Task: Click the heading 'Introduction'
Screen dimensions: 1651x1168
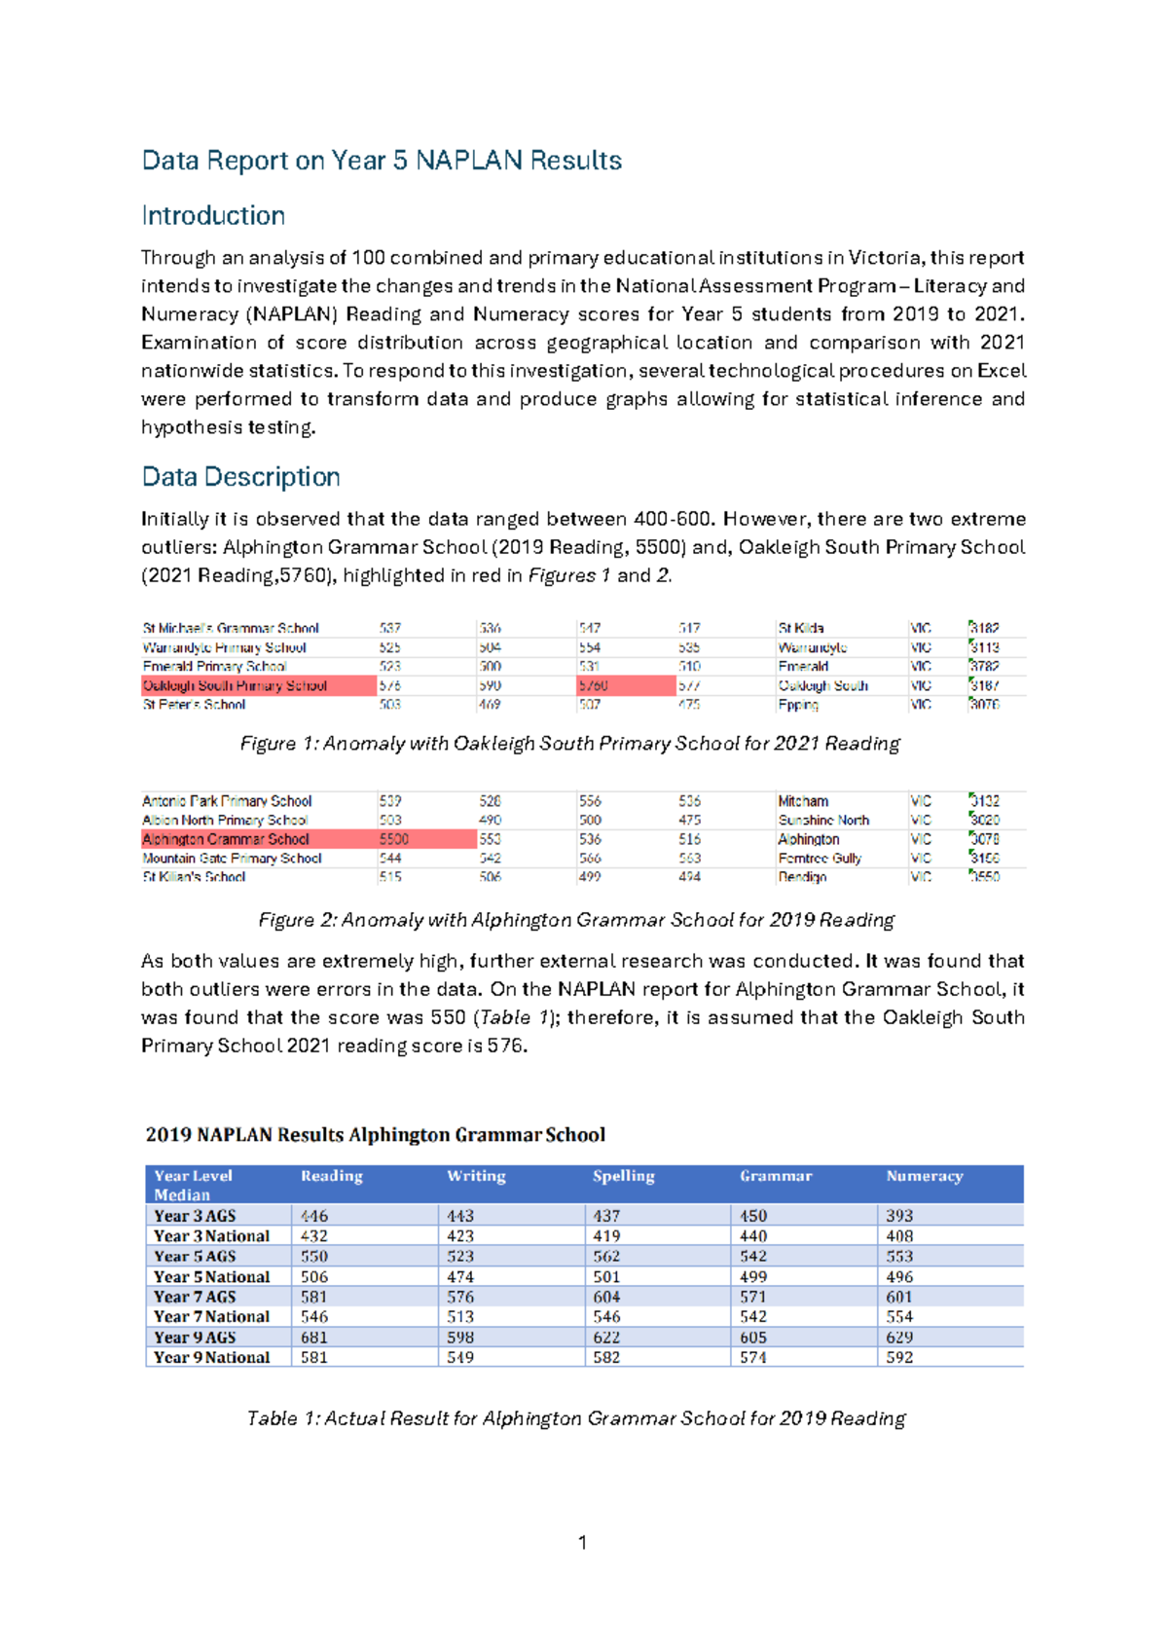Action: click(x=213, y=215)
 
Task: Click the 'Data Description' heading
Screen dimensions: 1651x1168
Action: click(x=240, y=476)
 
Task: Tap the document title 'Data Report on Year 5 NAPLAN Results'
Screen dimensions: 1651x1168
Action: click(x=382, y=160)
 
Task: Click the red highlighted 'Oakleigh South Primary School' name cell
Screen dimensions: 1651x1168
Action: click(x=258, y=685)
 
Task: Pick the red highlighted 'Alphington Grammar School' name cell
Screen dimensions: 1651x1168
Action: click(x=258, y=839)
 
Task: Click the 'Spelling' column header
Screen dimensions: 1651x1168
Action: click(x=623, y=1176)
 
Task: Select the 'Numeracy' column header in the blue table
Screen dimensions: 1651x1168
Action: click(x=924, y=1176)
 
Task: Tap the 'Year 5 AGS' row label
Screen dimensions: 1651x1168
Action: click(x=195, y=1256)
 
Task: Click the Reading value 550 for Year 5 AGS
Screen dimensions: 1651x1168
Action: click(x=314, y=1256)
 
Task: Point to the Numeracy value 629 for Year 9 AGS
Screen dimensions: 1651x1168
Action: click(x=899, y=1337)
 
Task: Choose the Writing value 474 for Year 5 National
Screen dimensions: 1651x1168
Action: click(x=460, y=1276)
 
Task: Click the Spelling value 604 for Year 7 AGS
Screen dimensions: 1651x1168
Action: click(x=606, y=1297)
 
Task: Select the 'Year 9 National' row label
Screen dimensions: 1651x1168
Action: click(x=211, y=1357)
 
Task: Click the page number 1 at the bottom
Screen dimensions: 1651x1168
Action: click(x=582, y=1542)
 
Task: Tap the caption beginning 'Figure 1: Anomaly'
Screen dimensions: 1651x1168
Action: click(x=569, y=744)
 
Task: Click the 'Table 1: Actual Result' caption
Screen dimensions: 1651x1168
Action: click(x=575, y=1418)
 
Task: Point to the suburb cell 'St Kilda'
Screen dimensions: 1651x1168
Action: click(x=801, y=628)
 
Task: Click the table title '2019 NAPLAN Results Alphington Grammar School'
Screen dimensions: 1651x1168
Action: click(x=375, y=1135)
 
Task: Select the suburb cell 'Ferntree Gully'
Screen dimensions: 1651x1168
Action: click(x=820, y=859)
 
